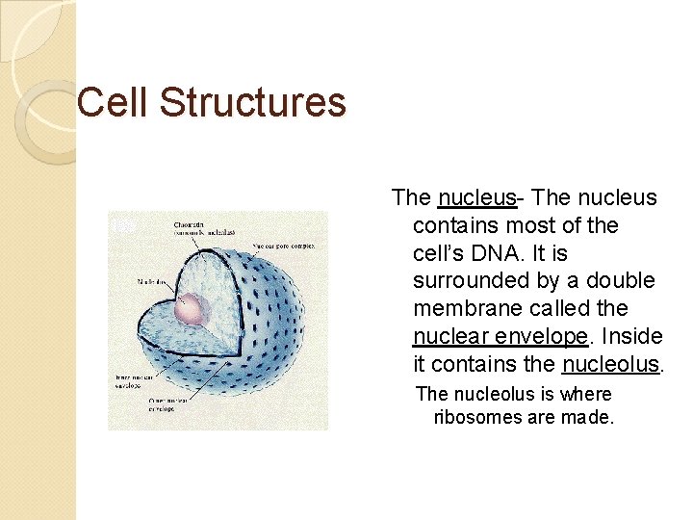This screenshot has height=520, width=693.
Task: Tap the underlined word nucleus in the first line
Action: pyautogui.click(x=476, y=198)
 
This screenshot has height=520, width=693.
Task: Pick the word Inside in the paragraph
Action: pyautogui.click(x=629, y=337)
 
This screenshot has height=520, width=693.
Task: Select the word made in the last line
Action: pyautogui.click(x=590, y=418)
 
